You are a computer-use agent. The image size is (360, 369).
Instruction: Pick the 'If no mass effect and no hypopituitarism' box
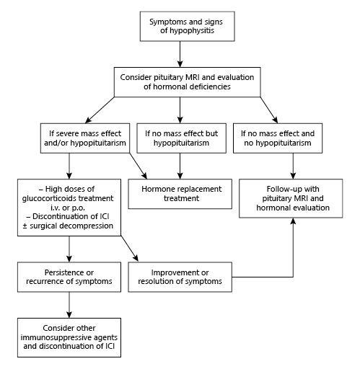[291, 138]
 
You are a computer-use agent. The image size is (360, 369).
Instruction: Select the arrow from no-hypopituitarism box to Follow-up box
[291, 166]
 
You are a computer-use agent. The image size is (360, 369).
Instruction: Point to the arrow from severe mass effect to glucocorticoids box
[68, 166]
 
